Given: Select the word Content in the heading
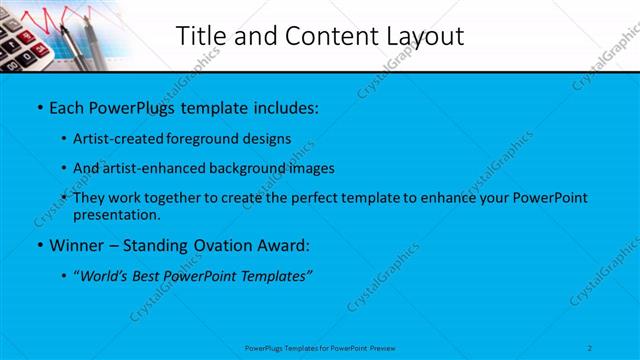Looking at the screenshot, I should pyautogui.click(x=320, y=36).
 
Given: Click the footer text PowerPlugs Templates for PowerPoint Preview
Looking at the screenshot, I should pyautogui.click(x=320, y=348).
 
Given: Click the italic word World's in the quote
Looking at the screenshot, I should pyautogui.click(x=108, y=274).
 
